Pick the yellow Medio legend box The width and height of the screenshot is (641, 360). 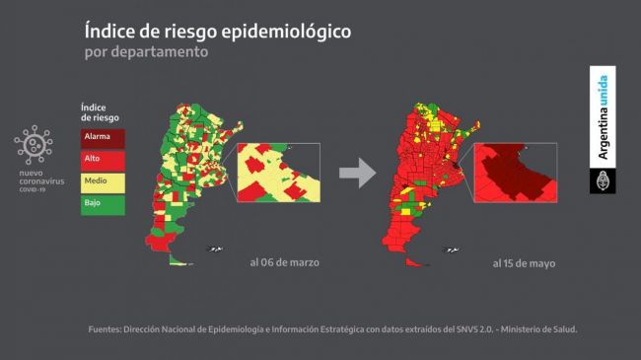(103, 182)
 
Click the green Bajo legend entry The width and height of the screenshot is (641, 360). (103, 204)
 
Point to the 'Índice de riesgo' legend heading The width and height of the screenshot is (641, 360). (100, 111)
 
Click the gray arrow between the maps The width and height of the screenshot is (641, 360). (358, 175)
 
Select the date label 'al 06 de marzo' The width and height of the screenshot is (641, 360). (284, 263)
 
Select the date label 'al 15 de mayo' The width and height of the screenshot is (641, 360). (523, 263)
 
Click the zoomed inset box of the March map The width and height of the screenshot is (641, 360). (279, 174)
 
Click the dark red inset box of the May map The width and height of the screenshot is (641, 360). (516, 175)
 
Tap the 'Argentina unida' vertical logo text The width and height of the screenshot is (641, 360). (603, 114)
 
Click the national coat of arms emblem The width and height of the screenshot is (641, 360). (603, 180)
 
